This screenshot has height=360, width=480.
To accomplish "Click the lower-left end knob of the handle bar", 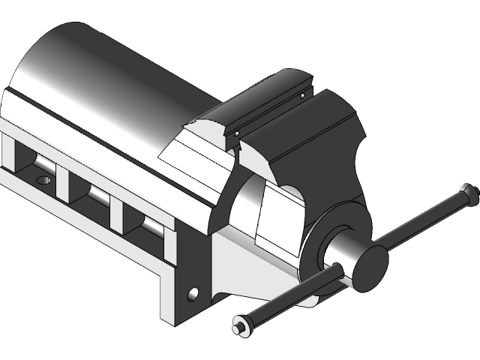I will [x=242, y=325].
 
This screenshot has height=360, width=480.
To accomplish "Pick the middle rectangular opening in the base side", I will [x=90, y=192].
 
